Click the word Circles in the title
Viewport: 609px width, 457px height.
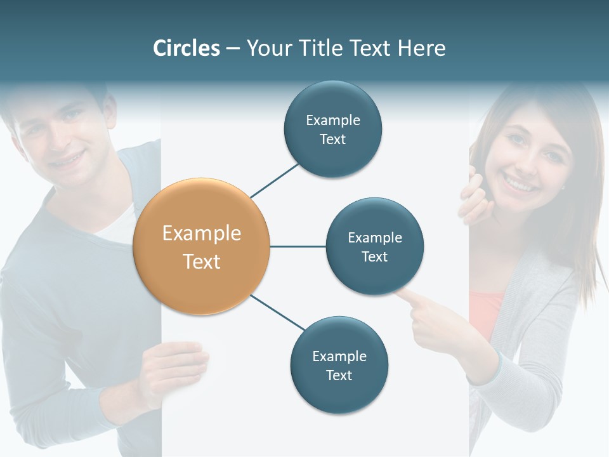(187, 48)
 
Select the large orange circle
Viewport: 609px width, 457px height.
(202, 246)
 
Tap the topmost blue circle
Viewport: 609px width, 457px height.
(333, 129)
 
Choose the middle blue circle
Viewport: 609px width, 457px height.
(375, 246)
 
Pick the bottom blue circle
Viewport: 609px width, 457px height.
(339, 365)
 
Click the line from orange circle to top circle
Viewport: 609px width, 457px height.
(275, 180)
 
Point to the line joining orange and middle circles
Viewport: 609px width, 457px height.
(298, 246)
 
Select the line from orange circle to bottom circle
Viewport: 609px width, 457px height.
(278, 312)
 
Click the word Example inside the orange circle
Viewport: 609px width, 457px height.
(202, 234)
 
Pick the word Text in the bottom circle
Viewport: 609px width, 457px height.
(339, 375)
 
